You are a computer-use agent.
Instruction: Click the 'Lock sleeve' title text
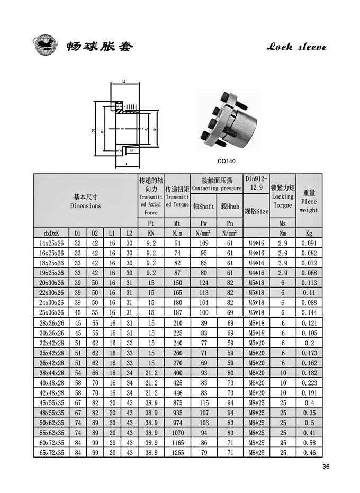coord(296,47)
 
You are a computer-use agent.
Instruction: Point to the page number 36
coord(326,467)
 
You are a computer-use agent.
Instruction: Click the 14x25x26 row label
coord(51,243)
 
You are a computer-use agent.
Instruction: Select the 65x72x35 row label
coord(51,453)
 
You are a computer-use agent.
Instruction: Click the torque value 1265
coord(177,453)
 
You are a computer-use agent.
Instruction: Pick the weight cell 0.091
coord(309,243)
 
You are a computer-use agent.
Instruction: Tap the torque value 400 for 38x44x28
coord(177,373)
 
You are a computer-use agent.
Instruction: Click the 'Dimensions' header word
coord(85,206)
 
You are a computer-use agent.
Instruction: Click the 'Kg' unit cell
coord(309,233)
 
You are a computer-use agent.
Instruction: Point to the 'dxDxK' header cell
coord(51,233)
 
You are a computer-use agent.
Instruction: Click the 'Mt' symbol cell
coord(177,223)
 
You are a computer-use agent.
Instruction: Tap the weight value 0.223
coord(309,383)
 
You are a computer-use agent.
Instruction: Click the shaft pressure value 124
coord(203,283)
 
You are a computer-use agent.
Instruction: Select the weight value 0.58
coord(309,443)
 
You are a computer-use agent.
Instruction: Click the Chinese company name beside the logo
coord(100,47)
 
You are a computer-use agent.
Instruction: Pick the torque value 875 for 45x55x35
coord(177,402)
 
